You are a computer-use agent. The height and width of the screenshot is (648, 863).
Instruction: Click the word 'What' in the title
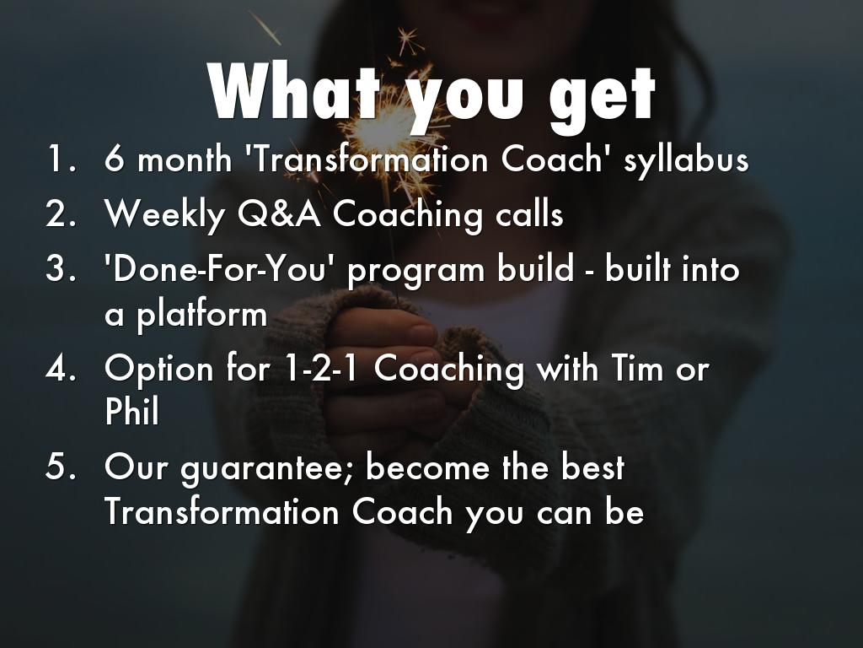point(294,92)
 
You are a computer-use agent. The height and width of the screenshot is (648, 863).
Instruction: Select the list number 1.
point(61,159)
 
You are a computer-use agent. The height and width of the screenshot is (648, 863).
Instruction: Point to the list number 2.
point(61,213)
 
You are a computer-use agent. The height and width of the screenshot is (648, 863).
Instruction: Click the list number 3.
point(61,269)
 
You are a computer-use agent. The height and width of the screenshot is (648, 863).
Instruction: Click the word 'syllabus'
point(686,161)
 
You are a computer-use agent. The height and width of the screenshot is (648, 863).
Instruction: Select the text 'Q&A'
point(280,213)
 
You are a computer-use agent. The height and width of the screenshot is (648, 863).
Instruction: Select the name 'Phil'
point(132,411)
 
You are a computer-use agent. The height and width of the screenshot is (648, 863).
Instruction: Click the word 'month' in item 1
point(185,159)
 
